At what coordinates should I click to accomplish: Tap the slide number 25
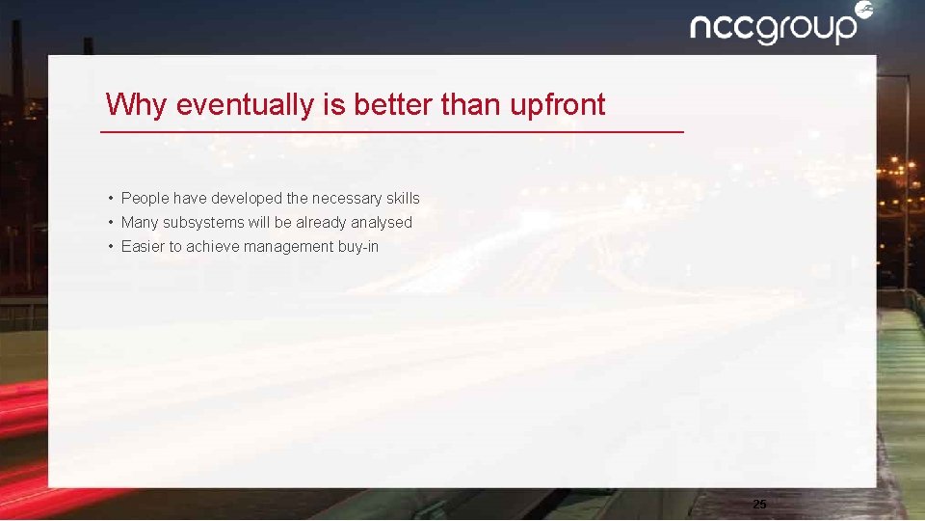[x=759, y=504]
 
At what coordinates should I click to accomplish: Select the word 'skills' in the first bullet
[x=403, y=198]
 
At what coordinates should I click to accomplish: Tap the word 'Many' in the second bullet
[x=141, y=222]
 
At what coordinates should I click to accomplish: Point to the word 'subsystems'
[x=202, y=222]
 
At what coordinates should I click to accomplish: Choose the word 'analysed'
[x=382, y=222]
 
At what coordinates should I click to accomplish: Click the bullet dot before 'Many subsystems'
[x=112, y=222]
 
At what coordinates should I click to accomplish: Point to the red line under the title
[x=392, y=131]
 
